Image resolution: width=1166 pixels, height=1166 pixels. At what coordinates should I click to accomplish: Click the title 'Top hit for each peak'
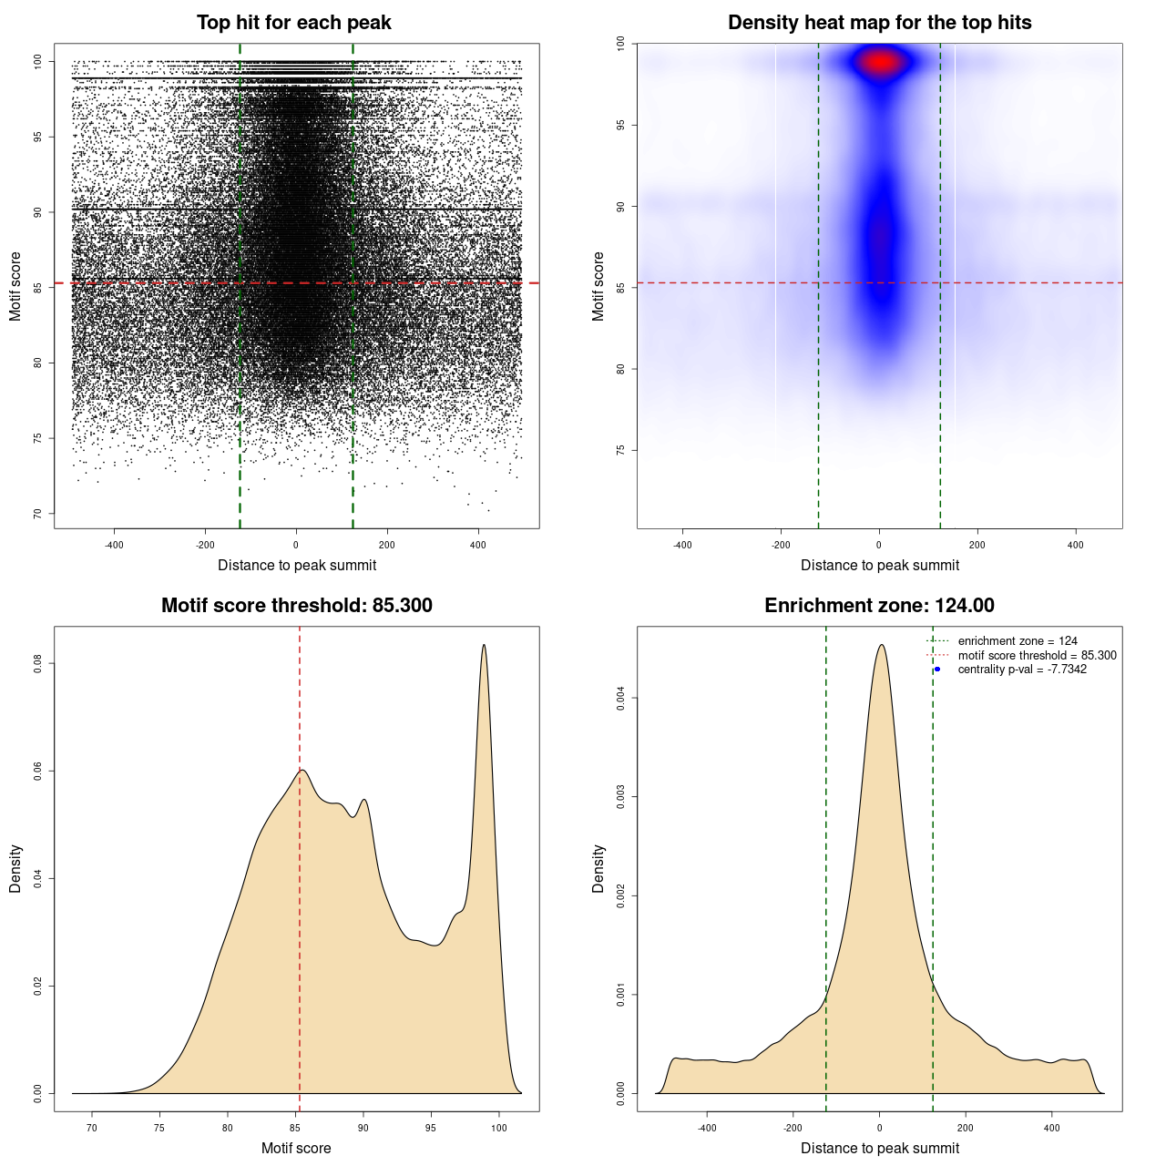coord(293,23)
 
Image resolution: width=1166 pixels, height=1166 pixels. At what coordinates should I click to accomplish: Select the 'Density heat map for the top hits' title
coord(879,23)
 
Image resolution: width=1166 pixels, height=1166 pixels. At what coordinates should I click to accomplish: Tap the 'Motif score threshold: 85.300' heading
coord(296,606)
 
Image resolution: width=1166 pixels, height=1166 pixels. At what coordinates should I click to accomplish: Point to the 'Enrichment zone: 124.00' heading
coord(879,606)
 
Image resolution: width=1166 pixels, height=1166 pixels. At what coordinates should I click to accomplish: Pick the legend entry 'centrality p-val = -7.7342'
coord(1022,670)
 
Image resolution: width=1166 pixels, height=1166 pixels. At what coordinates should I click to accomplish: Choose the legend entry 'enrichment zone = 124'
coord(1018,641)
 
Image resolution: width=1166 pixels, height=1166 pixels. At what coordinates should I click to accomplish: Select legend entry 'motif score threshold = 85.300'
coord(1037,656)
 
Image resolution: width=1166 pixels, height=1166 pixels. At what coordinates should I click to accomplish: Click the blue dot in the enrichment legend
coord(937,670)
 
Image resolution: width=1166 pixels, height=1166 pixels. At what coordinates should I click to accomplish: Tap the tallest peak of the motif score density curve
coord(484,646)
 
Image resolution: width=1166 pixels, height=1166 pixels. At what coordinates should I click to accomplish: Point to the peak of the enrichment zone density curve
coord(880,646)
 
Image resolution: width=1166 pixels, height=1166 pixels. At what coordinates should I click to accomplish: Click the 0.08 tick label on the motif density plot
coord(38,664)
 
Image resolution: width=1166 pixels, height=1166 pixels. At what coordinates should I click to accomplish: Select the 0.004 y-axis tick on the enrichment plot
coord(621,699)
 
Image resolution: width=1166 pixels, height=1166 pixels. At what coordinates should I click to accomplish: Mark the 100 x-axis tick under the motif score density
coord(498,1129)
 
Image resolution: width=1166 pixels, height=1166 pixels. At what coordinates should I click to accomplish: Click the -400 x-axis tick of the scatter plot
coord(114,546)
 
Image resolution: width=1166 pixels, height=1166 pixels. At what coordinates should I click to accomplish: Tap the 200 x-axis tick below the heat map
coord(977,546)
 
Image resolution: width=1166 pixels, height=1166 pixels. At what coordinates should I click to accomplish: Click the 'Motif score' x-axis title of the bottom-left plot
coord(296,1149)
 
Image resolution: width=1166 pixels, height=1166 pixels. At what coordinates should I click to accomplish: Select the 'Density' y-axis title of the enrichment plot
coord(598,868)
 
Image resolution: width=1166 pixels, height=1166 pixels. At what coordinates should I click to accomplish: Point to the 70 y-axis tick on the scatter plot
coord(38,514)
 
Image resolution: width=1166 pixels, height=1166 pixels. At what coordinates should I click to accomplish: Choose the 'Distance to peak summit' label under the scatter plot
coord(297,566)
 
